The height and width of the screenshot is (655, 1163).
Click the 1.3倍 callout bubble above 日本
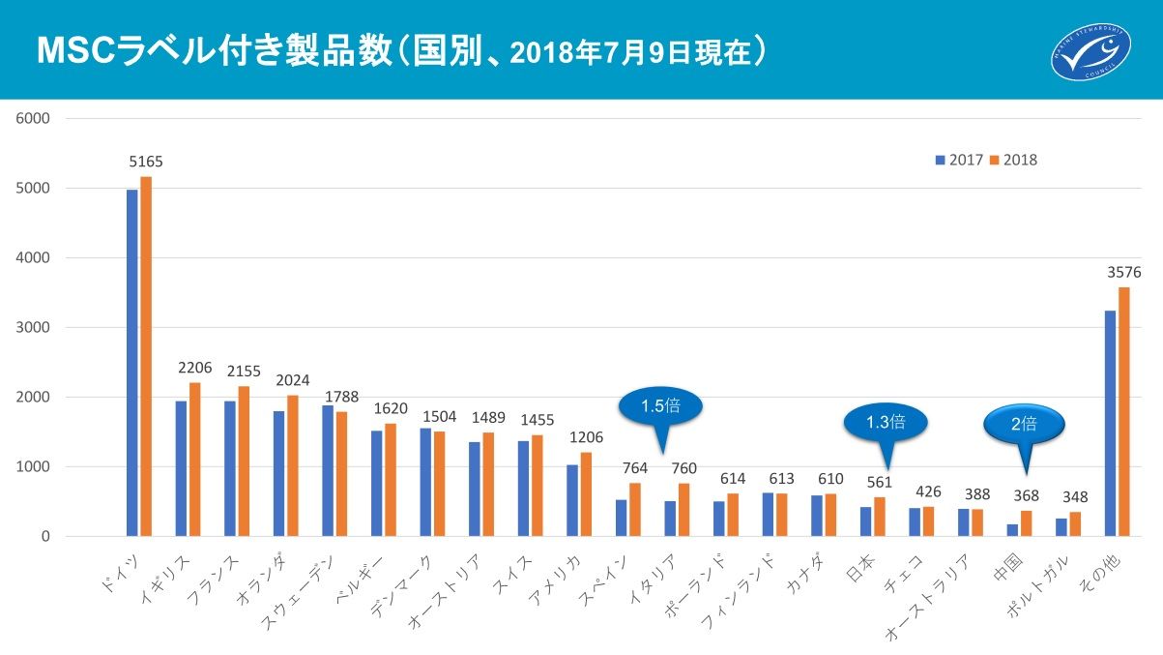pyautogui.click(x=885, y=421)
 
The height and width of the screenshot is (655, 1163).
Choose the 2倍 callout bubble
pyautogui.click(x=1025, y=423)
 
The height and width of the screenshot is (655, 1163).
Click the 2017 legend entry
pyautogui.click(x=959, y=160)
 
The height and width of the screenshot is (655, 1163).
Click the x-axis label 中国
pyautogui.click(x=1006, y=569)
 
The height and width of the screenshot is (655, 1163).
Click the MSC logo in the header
pyautogui.click(x=1090, y=50)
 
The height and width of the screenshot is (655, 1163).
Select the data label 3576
pyautogui.click(x=1123, y=273)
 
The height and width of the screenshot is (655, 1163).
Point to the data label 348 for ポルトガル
pyautogui.click(x=1074, y=497)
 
